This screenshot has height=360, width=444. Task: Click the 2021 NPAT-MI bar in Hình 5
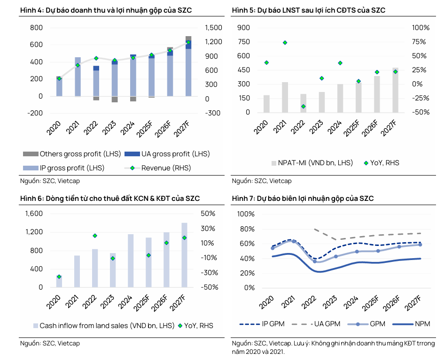click(285, 97)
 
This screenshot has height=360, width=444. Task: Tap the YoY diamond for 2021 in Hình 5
click(285, 43)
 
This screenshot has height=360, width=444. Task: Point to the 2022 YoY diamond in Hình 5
click(303, 107)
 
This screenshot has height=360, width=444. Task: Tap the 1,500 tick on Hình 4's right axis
click(213, 28)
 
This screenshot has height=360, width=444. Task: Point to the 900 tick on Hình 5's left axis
click(244, 28)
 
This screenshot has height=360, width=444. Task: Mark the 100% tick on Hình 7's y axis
click(246, 214)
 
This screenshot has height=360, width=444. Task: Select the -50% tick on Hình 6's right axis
click(207, 287)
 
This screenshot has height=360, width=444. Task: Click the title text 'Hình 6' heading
click(31, 199)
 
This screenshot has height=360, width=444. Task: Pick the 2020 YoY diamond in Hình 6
click(59, 277)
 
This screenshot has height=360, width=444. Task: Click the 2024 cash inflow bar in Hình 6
click(130, 260)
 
